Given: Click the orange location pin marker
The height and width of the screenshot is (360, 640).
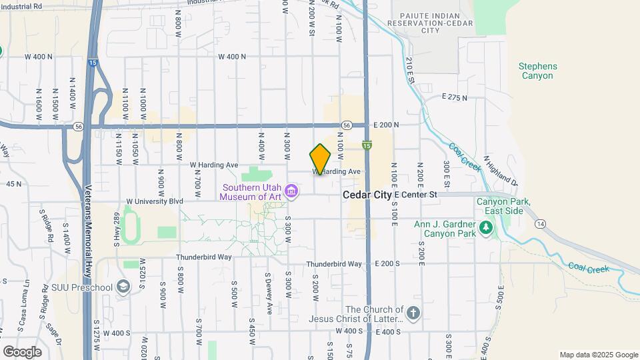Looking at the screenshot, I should [x=320, y=159].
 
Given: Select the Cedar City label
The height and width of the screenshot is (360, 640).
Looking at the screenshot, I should [x=367, y=195].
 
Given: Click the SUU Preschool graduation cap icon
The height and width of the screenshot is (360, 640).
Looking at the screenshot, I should [x=123, y=287].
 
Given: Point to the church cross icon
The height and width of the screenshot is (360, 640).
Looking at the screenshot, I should [x=413, y=313].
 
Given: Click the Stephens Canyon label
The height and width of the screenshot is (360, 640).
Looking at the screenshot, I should [x=538, y=71].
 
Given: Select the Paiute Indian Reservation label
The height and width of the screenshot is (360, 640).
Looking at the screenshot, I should [x=433, y=22].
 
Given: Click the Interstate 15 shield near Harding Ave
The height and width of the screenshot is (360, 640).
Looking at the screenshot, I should [x=367, y=145].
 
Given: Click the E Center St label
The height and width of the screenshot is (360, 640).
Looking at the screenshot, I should [x=415, y=195].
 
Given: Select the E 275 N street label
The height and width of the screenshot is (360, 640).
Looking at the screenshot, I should [x=455, y=97].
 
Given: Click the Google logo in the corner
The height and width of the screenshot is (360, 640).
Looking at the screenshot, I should [x=22, y=351].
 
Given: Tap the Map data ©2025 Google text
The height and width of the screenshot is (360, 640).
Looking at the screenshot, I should [x=598, y=355].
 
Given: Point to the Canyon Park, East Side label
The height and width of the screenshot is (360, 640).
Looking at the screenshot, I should [x=503, y=206].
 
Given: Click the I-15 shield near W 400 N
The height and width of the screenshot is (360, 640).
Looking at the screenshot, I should [x=93, y=62].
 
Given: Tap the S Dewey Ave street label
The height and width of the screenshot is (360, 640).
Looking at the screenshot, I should [x=268, y=293].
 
